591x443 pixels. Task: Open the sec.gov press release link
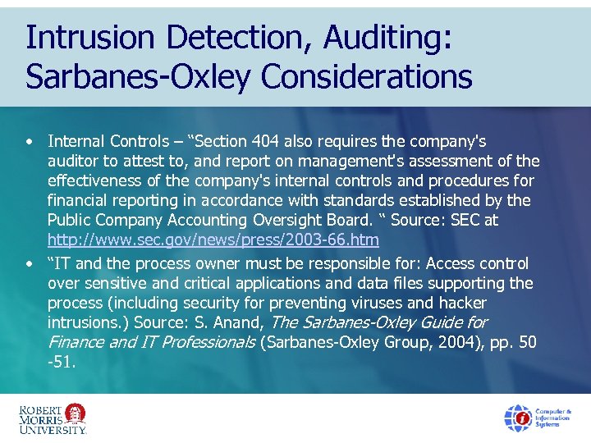(213, 240)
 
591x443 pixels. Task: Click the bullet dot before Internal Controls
(29, 142)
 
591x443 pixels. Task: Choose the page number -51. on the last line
(62, 362)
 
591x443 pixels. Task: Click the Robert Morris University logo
(53, 418)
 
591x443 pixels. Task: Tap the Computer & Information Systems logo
(538, 418)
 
